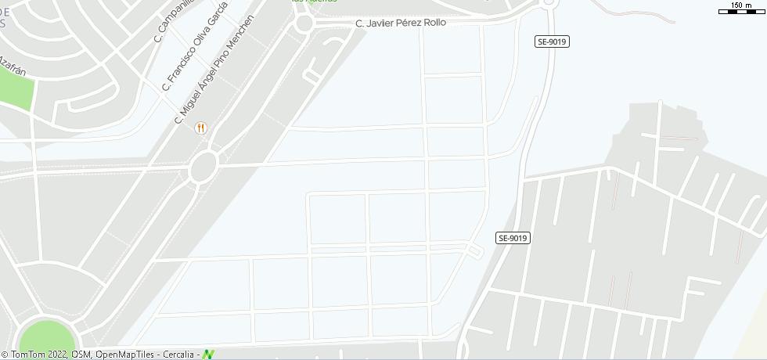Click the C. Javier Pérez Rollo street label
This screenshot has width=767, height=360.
401,23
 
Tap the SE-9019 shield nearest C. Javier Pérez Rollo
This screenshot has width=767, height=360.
553,41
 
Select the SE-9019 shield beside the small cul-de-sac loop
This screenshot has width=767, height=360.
513,238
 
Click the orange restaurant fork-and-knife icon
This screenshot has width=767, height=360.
201,128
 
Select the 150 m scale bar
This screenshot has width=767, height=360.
740,9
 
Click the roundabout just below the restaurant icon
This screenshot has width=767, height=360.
203,166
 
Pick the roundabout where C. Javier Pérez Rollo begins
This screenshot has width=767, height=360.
304,23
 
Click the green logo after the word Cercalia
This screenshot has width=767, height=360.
208,355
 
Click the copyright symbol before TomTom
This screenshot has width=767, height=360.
5,355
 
